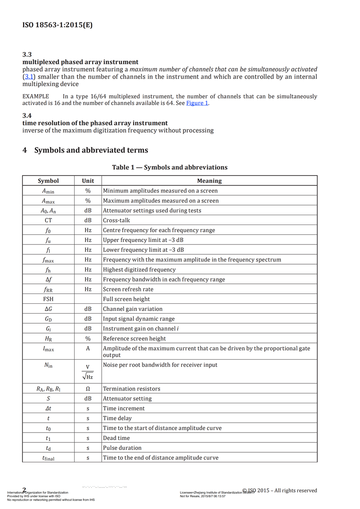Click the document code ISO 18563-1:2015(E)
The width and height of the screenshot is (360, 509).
coord(57,25)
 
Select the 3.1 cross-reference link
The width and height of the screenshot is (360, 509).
coord(28,77)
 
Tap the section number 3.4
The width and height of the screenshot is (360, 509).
coord(27,116)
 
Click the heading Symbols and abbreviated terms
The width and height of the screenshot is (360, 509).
coord(91,150)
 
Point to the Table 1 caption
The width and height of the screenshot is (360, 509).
coord(170,167)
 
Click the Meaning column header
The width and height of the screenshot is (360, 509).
coord(209,181)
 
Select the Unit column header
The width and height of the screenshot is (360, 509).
coord(88,181)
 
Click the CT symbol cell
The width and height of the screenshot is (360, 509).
coord(48,221)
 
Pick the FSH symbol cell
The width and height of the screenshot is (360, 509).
coord(48,299)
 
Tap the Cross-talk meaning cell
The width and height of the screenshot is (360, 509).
coord(117,221)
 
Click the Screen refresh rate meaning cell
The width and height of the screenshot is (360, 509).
coord(128,289)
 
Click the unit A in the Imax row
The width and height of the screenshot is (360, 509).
coord(88,348)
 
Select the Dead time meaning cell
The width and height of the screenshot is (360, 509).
coord(117,438)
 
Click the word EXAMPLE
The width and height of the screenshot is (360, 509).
coord(36,96)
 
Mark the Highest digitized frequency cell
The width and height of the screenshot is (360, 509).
coord(139,270)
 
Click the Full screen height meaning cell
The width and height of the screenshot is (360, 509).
coord(126,299)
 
